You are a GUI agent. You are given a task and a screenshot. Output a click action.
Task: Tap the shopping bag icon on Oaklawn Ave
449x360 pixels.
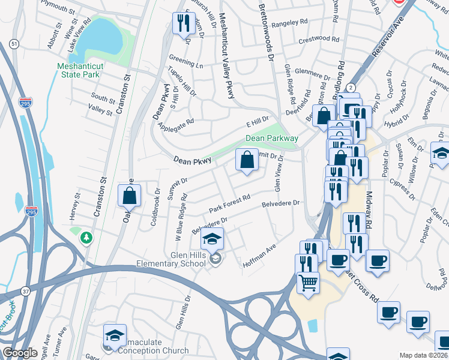tap(130, 195)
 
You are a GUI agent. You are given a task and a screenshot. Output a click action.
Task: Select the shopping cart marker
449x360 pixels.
tap(308, 282)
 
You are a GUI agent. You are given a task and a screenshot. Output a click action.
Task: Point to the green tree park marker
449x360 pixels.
tap(87, 238)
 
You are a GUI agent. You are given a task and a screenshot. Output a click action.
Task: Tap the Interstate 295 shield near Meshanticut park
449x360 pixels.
tap(26, 103)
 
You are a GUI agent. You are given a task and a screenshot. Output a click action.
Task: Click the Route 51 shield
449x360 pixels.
tap(14, 44)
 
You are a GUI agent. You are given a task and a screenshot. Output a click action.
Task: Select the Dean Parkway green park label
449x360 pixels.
tap(271, 139)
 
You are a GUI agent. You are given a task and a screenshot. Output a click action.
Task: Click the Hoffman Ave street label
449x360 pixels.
tap(259, 255)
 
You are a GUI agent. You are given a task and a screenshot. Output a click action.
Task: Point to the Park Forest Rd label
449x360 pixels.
tap(229, 202)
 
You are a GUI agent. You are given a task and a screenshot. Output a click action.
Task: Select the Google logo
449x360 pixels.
tap(20, 353)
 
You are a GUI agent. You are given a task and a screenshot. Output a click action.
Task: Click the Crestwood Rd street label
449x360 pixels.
tap(322, 38)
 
